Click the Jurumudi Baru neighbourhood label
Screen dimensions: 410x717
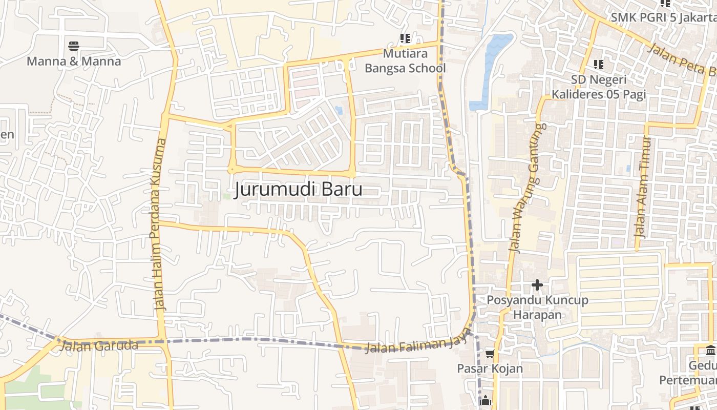299,190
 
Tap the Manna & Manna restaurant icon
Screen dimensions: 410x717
74,46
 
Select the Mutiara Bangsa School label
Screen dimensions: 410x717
405,61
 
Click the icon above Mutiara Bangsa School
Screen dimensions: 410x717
405,38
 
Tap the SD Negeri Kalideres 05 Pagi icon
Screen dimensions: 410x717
598,65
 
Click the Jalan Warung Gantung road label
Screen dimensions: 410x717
528,188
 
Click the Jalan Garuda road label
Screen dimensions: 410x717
99,346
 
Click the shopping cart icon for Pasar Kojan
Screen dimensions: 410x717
490,354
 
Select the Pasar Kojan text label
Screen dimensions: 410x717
490,368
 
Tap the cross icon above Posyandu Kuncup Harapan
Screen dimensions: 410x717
537,284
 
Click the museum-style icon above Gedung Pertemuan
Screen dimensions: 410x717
711,351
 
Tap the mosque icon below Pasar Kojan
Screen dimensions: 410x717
486,401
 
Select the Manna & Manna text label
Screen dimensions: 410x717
74,61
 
